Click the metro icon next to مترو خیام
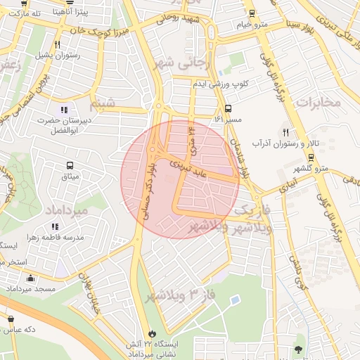[252, 13]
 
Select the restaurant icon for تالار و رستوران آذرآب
[285, 132]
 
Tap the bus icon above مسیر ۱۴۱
[228, 109]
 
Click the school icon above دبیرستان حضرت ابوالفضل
[65, 110]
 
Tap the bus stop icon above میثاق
[70, 165]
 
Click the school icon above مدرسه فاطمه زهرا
[54, 226]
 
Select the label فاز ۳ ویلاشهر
[180, 295]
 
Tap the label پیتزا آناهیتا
[90, 9]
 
